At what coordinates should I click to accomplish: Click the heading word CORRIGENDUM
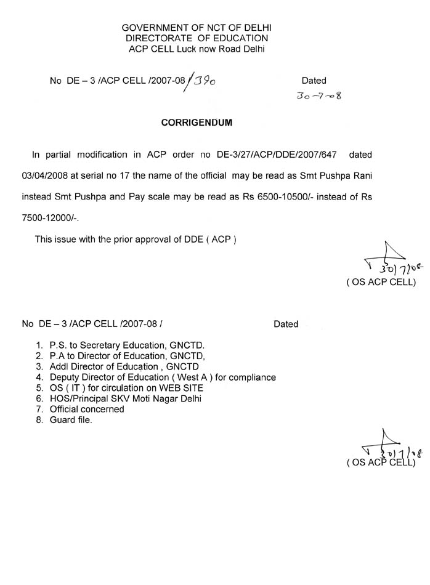[x=197, y=123]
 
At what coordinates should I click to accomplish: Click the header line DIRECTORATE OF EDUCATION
[x=197, y=38]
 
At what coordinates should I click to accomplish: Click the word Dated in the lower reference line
[x=286, y=324]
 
